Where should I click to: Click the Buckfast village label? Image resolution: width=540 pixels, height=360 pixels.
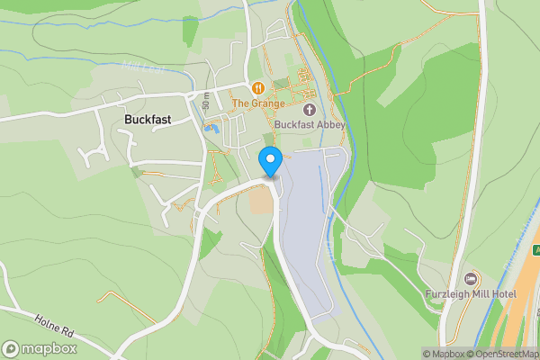tap(148, 120)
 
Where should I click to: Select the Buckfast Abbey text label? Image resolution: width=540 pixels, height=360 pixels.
tap(310, 125)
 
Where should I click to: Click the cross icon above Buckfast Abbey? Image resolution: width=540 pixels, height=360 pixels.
tap(310, 110)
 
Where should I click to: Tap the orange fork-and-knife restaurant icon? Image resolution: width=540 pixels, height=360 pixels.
tap(258, 88)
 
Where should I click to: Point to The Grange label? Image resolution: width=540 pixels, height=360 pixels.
tap(258, 103)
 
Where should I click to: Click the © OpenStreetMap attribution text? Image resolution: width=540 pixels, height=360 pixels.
tap(508, 354)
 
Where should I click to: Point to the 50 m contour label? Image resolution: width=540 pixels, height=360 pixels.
tap(206, 102)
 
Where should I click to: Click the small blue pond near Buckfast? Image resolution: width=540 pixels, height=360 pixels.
tap(211, 128)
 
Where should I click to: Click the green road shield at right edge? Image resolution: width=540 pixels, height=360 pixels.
tap(535, 249)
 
